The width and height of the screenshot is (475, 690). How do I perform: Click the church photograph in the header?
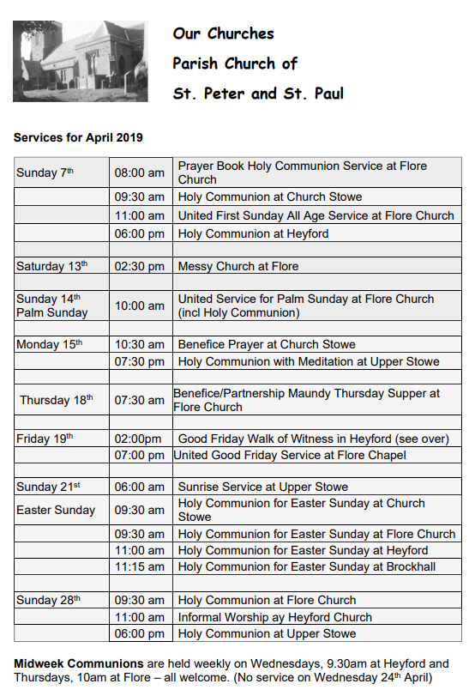coord(80,61)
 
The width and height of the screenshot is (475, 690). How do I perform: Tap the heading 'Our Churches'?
coord(223,34)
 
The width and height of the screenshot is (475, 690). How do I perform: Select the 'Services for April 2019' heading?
coord(78,137)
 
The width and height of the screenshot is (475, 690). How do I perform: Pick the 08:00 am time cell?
coord(139,172)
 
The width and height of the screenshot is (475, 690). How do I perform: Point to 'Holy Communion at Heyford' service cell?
coord(253,233)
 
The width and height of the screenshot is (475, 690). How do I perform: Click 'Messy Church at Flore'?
coord(238,266)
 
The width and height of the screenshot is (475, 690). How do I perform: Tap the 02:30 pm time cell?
coord(139,266)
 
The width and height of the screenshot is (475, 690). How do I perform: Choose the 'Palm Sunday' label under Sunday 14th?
coord(51,312)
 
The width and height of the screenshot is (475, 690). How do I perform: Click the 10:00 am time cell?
coord(139,306)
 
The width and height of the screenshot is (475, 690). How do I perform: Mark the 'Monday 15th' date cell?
coord(49,344)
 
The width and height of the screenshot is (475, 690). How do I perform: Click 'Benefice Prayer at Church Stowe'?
coord(267,344)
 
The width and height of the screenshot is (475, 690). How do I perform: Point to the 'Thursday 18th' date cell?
coord(57,400)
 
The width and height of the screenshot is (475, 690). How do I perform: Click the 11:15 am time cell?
coord(139,566)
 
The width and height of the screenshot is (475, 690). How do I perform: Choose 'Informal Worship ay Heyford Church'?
coord(275,617)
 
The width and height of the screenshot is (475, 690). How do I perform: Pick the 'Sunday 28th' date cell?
coord(49,600)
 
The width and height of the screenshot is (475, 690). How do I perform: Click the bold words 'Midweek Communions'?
coord(78,663)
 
